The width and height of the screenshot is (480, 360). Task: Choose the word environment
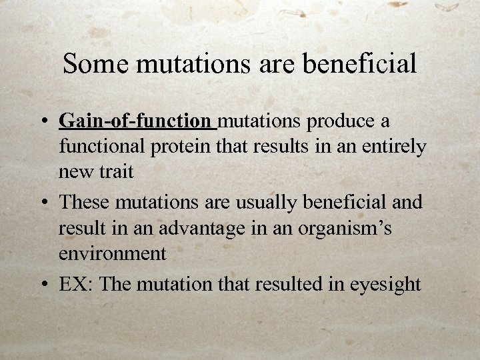coord(113,253)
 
